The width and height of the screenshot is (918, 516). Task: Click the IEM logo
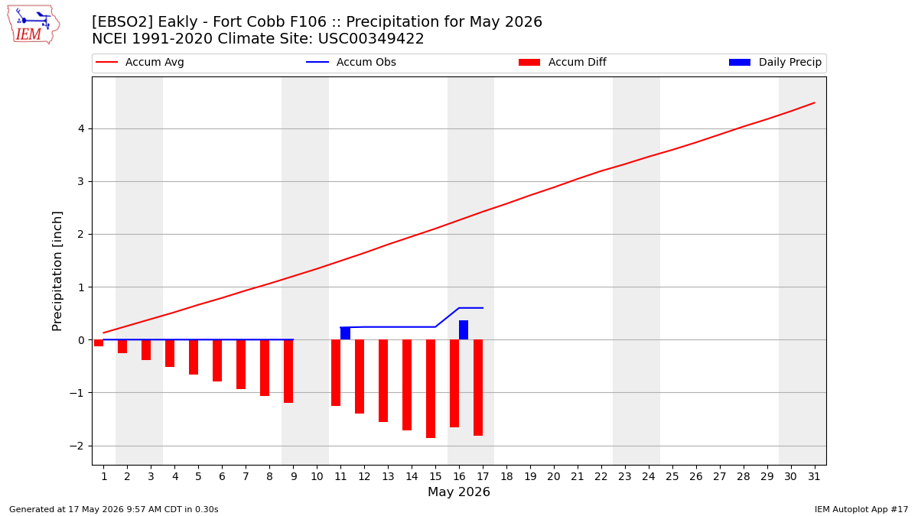coord(34,25)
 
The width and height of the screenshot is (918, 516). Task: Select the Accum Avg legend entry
coord(140,62)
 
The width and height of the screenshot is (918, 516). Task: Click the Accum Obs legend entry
coord(351,62)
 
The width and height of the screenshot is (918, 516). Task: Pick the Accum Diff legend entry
coord(562,62)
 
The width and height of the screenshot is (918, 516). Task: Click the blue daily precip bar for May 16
coord(464,330)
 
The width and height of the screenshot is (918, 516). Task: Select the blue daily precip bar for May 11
coord(345,333)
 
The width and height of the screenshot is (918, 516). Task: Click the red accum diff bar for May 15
coord(431,389)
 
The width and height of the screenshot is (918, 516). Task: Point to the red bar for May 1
coord(99,343)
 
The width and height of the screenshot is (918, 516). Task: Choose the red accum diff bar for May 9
coord(288,372)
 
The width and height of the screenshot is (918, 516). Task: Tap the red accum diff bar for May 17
coord(478,388)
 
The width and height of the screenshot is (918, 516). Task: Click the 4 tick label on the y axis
coord(81,129)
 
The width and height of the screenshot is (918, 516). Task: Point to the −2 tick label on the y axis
coord(76,446)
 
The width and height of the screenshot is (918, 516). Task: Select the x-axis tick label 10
coord(317,477)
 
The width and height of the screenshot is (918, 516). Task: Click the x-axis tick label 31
coord(814,477)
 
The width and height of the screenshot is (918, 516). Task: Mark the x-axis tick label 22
coord(601,477)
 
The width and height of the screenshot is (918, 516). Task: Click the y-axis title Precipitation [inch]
coord(57,271)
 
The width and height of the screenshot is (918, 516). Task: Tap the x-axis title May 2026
coord(459,492)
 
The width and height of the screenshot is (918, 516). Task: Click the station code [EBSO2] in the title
coord(122,21)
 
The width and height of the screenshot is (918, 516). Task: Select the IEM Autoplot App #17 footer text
coord(861,509)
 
